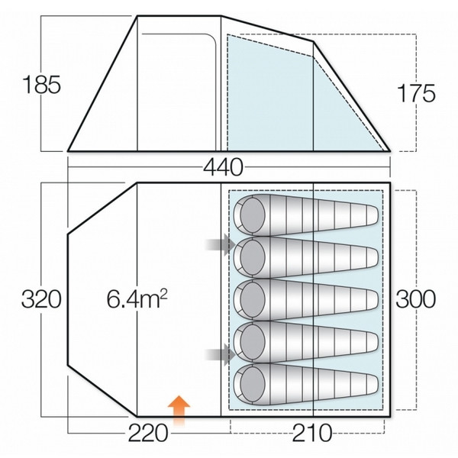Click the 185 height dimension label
point(41,85)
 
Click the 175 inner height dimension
point(417,93)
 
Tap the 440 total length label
point(223,167)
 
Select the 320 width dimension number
point(41,299)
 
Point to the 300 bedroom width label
point(415,299)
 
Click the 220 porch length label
point(148,433)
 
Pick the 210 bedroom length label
point(312,433)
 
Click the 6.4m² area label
point(137,299)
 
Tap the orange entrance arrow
point(179,411)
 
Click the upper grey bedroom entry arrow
point(221,244)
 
